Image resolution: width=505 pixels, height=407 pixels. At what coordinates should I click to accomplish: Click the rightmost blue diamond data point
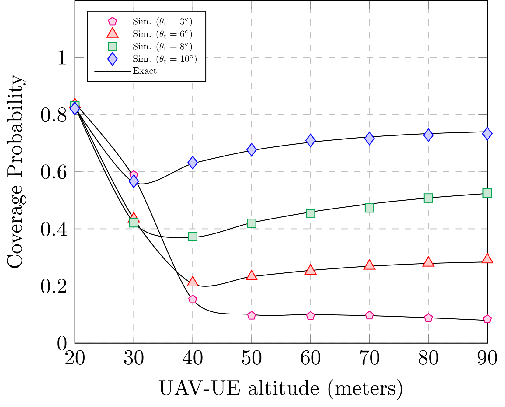[x=487, y=134]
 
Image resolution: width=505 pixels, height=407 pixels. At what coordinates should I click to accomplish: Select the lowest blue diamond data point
[x=134, y=181]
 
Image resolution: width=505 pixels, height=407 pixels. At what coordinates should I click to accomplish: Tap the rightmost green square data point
[x=487, y=193]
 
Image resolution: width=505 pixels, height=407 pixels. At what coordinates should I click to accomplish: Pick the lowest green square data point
[x=193, y=236]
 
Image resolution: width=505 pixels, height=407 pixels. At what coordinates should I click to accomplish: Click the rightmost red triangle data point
[x=487, y=259]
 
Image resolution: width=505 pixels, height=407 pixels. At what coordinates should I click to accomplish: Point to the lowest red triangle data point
[x=192, y=282]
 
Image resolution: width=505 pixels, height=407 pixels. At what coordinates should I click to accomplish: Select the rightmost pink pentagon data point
[x=487, y=319]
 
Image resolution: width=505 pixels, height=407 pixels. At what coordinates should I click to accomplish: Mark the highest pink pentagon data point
[x=134, y=175]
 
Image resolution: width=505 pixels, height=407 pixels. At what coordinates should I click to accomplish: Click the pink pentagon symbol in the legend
[x=112, y=21]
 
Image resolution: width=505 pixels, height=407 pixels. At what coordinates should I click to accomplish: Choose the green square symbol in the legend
[x=112, y=46]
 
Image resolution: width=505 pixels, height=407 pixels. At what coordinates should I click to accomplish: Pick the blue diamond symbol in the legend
[x=112, y=59]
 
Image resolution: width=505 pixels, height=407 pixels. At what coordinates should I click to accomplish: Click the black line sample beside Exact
[x=112, y=71]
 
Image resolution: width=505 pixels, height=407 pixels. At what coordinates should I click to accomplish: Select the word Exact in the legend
[x=145, y=71]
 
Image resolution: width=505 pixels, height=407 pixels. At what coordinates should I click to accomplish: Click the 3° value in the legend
[x=184, y=22]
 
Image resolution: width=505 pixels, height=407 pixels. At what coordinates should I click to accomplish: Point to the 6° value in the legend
[x=184, y=34]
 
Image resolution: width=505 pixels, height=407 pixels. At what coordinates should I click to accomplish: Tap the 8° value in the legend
[x=184, y=47]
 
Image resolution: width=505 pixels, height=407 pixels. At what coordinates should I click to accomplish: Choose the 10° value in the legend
[x=186, y=59]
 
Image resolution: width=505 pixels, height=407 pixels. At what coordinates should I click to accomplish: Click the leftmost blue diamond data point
[x=75, y=108]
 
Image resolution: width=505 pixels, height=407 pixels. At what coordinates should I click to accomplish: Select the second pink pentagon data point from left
[x=193, y=300]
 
